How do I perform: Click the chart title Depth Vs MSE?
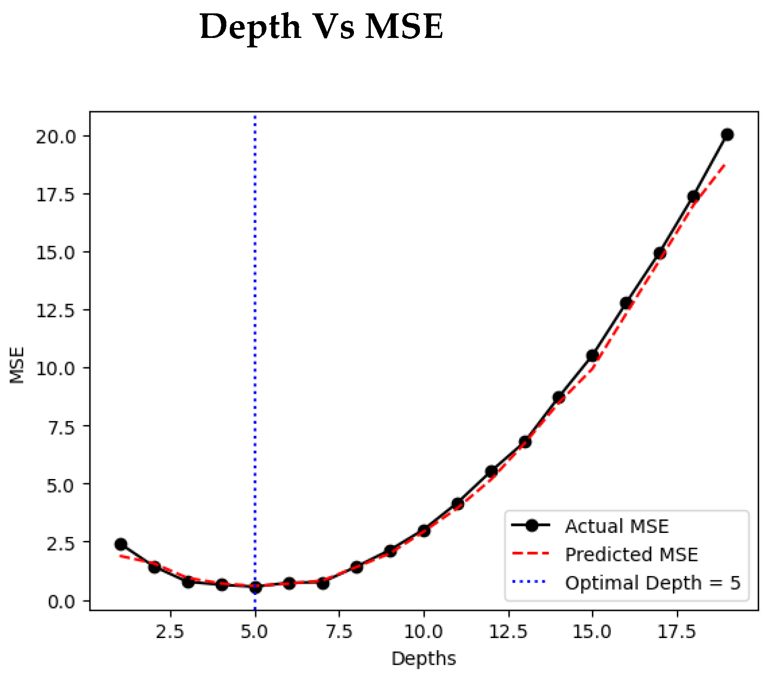(x=321, y=27)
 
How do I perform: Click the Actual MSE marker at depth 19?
(x=727, y=135)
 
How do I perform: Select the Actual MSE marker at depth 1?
(x=121, y=545)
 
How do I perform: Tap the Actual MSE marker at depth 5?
(x=255, y=587)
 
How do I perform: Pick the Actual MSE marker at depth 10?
(x=424, y=531)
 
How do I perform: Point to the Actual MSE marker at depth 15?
(x=592, y=356)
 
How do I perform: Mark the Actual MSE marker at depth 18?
(x=693, y=197)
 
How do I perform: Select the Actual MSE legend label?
(x=617, y=526)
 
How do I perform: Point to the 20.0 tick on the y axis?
(x=56, y=137)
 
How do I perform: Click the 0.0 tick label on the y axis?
(x=61, y=601)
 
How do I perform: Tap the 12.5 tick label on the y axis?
(x=56, y=310)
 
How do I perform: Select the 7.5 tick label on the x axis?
(x=339, y=632)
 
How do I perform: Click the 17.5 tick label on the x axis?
(x=676, y=632)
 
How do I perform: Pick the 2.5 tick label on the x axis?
(x=170, y=632)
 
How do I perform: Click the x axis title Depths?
(x=423, y=659)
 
